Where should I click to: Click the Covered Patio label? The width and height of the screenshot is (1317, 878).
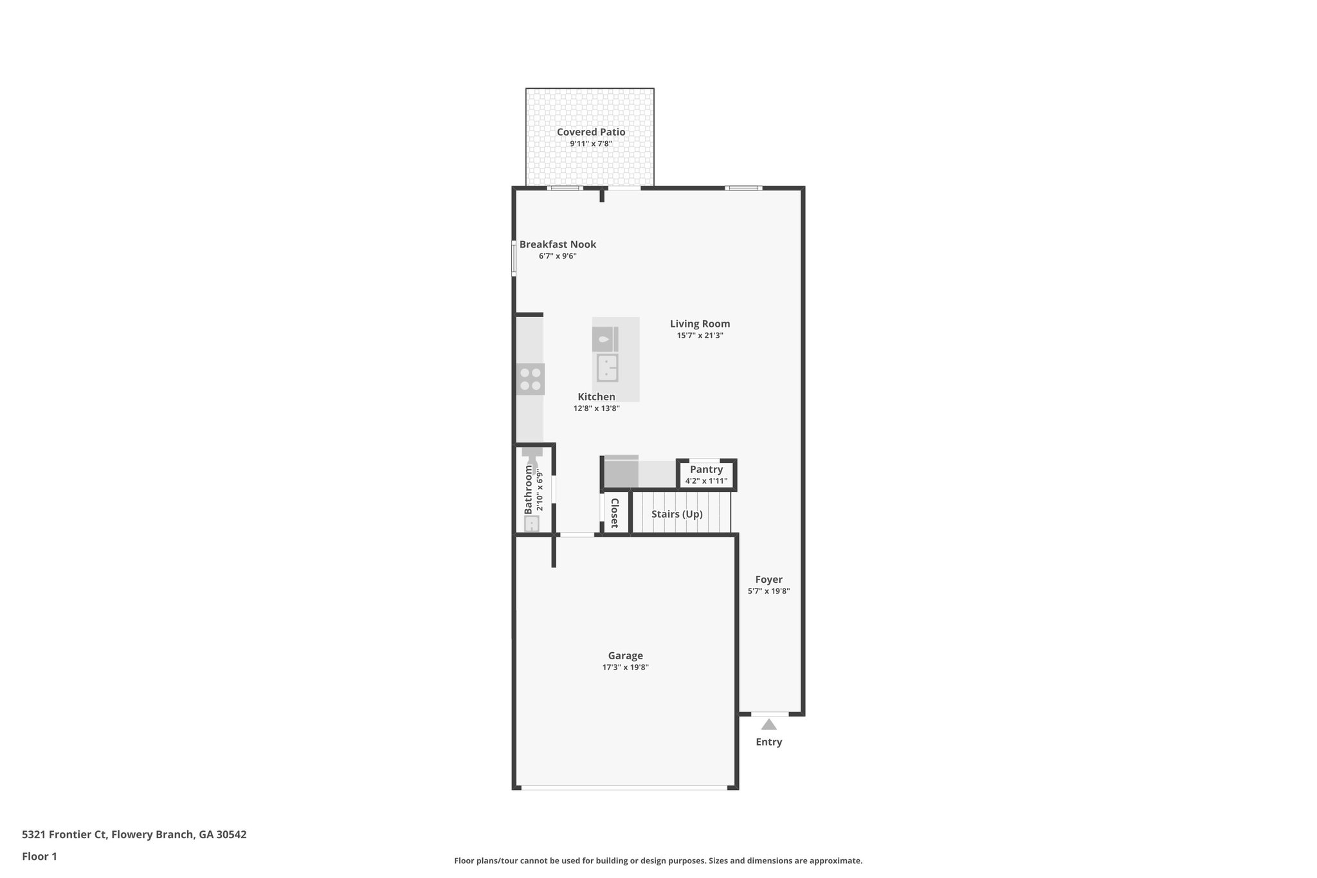(x=590, y=132)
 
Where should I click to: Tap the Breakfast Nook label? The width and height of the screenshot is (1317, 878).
(x=558, y=244)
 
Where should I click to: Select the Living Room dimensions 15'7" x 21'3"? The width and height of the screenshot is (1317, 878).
(x=700, y=335)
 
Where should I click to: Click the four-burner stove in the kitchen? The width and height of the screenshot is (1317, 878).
(x=531, y=379)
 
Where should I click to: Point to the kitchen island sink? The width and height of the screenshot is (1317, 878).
(x=607, y=369)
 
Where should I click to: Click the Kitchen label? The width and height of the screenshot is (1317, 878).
(x=596, y=397)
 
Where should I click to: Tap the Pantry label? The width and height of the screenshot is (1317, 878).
(x=706, y=470)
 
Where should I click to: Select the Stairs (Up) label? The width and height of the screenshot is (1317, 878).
(x=677, y=514)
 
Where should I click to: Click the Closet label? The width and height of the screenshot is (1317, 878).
(x=614, y=513)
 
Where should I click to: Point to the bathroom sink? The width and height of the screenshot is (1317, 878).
(x=532, y=524)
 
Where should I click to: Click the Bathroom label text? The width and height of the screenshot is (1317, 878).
(x=529, y=489)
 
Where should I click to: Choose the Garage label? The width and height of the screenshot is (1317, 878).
(x=625, y=655)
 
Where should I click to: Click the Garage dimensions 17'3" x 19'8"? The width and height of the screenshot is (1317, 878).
(x=625, y=668)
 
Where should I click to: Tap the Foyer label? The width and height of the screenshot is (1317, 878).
(x=768, y=580)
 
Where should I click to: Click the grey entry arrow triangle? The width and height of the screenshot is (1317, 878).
(x=769, y=725)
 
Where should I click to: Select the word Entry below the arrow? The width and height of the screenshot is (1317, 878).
(x=768, y=742)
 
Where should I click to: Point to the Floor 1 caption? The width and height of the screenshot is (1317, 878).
(x=39, y=856)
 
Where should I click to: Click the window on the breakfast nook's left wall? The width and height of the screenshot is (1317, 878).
(x=514, y=258)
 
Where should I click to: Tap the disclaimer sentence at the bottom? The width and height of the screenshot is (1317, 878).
(x=658, y=861)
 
